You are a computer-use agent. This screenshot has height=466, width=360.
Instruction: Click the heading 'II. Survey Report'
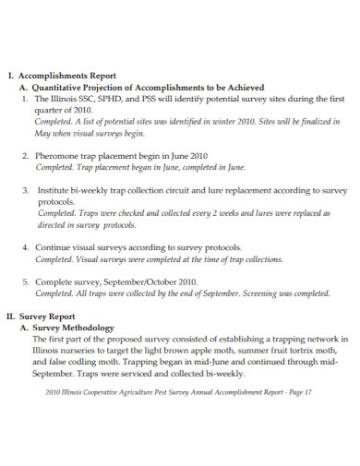[x=44, y=317]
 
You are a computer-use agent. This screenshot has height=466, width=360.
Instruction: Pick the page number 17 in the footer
[x=308, y=392]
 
